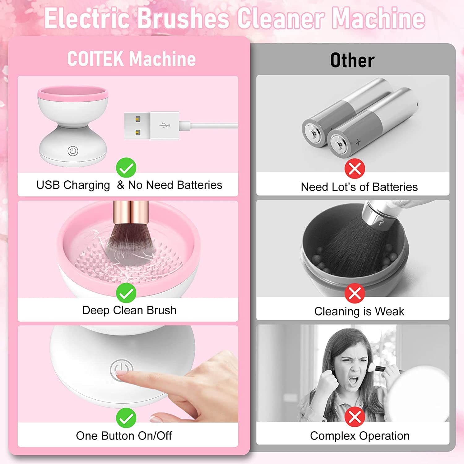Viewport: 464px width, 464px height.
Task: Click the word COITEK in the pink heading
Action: (96, 58)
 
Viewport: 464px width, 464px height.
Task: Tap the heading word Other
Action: (352, 60)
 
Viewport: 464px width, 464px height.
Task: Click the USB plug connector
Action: (152, 126)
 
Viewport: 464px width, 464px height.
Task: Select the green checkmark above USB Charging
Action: (126, 168)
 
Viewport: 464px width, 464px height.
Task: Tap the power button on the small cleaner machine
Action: (73, 151)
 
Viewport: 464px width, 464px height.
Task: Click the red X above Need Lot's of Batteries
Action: (355, 169)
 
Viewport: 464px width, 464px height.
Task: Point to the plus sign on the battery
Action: (358, 142)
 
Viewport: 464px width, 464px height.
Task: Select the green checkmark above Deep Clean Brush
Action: (126, 293)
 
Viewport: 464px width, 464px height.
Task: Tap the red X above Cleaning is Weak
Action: (355, 293)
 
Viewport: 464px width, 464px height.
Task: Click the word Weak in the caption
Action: (389, 311)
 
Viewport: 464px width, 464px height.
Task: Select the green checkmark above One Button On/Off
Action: (126, 418)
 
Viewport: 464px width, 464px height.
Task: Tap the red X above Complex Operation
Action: (355, 417)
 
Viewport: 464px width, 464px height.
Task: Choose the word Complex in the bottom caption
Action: (333, 436)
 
